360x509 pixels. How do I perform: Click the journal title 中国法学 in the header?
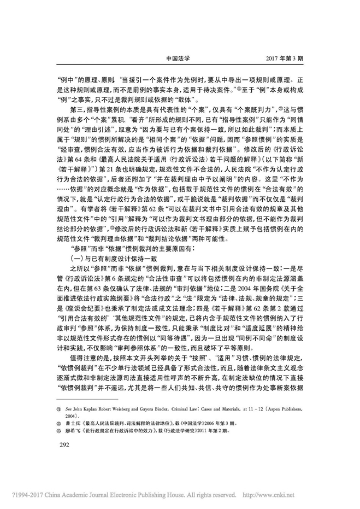(x=180, y=56)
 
